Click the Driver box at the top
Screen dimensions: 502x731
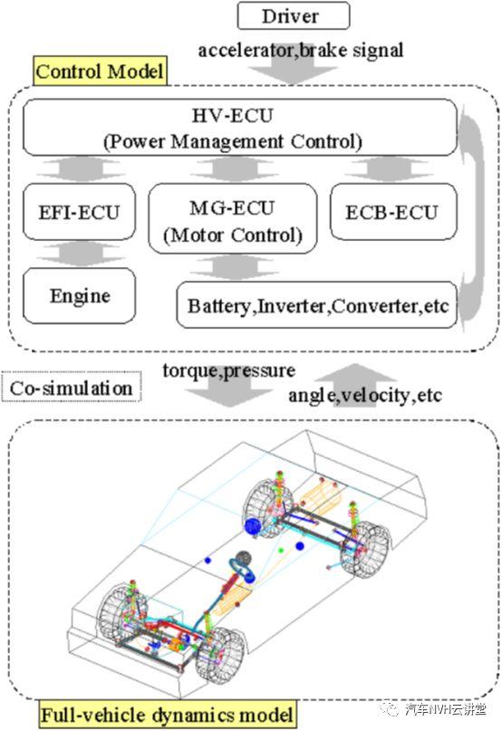[294, 15]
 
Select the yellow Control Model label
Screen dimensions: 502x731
[100, 72]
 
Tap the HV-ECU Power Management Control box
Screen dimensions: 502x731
[240, 127]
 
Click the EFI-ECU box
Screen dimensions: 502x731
[80, 212]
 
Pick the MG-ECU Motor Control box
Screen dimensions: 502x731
[233, 218]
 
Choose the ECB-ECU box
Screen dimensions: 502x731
[393, 212]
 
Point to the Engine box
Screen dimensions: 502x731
[80, 295]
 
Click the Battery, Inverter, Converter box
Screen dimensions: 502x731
[317, 305]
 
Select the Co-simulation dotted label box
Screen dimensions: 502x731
[72, 387]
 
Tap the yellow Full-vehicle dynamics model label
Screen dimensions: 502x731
[168, 715]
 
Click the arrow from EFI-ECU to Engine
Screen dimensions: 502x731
[80, 254]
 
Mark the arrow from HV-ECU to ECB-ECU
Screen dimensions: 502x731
[387, 168]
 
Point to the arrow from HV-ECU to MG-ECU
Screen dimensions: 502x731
[233, 168]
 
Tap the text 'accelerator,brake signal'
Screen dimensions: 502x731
[301, 50]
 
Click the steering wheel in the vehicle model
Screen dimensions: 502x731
[242, 570]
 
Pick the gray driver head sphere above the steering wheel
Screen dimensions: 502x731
[244, 558]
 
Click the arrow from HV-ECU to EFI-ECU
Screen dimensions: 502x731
[80, 168]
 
